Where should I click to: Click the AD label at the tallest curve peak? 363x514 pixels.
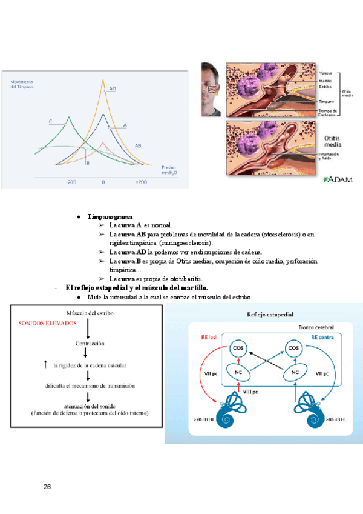click(x=113, y=89)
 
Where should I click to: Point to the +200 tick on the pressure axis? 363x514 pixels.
click(x=141, y=182)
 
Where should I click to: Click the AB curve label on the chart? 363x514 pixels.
click(x=138, y=146)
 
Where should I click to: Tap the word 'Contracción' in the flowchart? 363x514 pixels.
click(x=88, y=344)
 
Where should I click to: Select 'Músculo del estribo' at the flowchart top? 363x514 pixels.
click(x=89, y=313)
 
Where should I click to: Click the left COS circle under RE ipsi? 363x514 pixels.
click(x=238, y=349)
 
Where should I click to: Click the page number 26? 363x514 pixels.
click(x=47, y=486)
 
